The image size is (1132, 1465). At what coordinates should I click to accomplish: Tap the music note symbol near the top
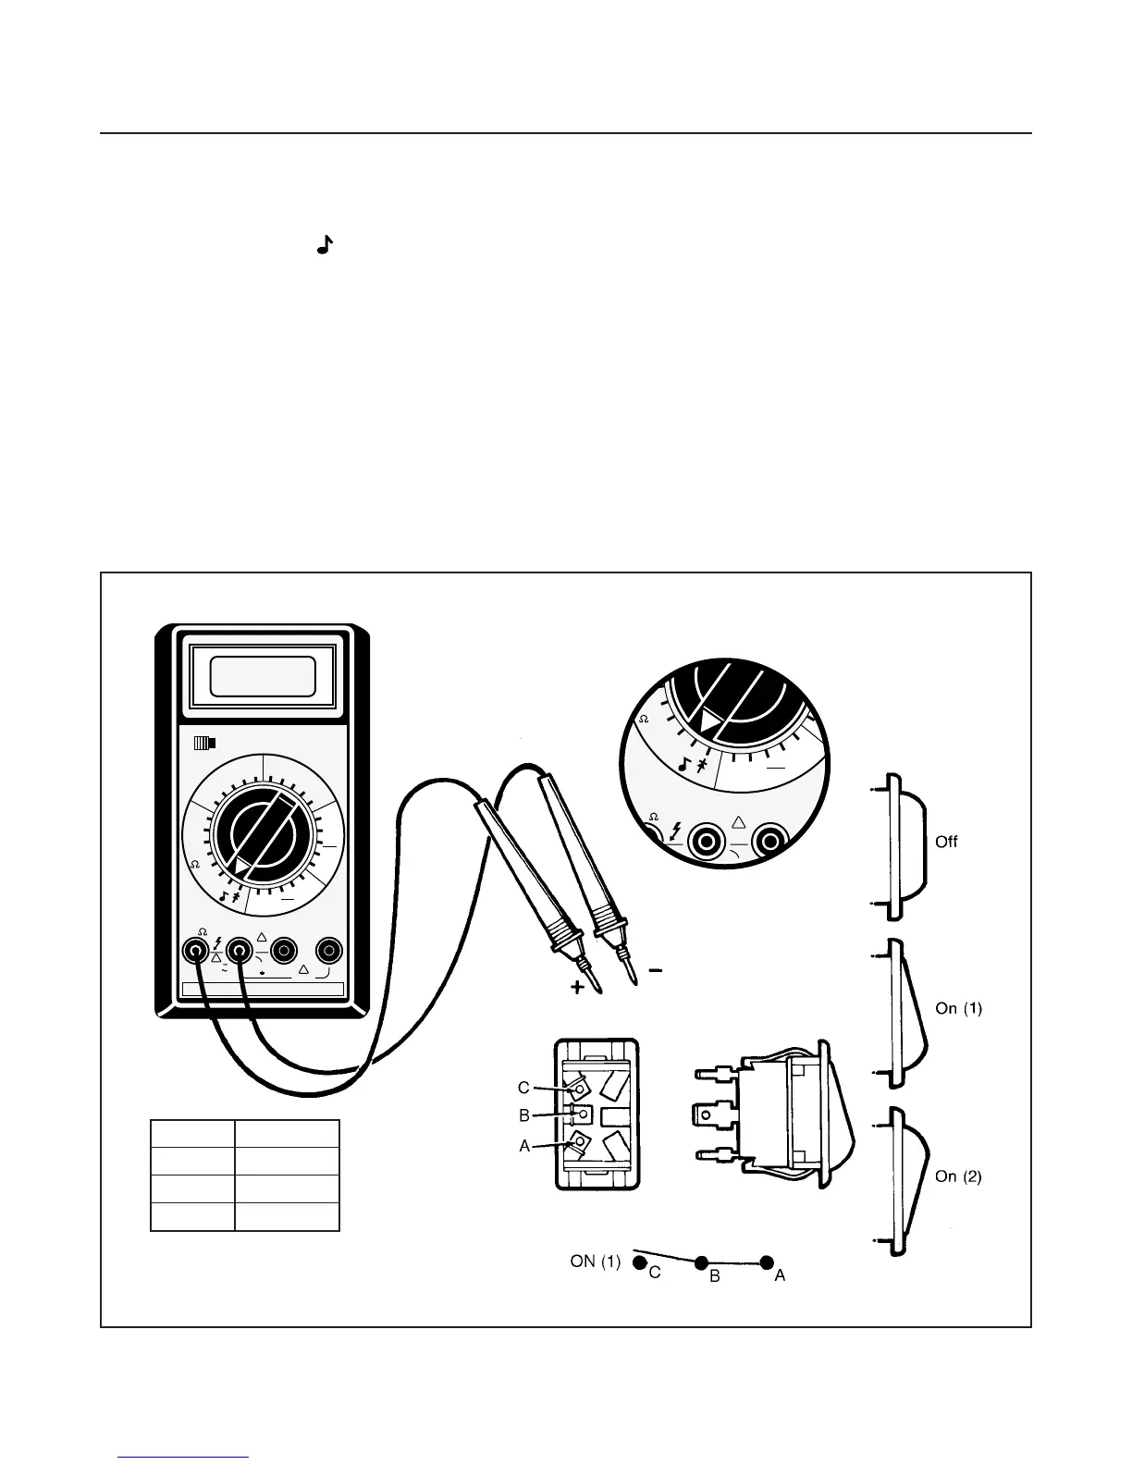[324, 245]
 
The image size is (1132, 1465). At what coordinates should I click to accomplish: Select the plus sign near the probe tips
[578, 988]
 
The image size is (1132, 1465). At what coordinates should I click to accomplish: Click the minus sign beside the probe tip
[655, 970]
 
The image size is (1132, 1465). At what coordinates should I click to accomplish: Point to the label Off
[946, 842]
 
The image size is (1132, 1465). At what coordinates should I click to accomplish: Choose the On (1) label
[958, 1008]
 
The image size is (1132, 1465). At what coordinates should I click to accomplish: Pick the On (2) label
[958, 1176]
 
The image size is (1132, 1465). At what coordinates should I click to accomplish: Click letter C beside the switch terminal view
[523, 1088]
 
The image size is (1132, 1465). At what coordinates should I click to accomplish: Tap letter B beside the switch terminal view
[523, 1115]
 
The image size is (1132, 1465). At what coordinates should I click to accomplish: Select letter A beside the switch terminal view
[524, 1145]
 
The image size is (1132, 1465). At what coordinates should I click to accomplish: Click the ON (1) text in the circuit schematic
[596, 1261]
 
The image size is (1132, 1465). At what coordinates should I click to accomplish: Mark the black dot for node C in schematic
[638, 1262]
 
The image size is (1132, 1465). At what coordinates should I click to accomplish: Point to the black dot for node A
[767, 1262]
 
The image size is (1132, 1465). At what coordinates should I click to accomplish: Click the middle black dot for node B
[702, 1262]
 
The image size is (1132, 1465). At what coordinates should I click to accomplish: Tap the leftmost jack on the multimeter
[195, 950]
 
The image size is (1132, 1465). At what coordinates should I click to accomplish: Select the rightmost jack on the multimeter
[328, 950]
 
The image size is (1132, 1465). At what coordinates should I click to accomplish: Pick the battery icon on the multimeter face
[204, 742]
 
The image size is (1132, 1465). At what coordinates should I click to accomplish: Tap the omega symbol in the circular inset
[644, 720]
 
